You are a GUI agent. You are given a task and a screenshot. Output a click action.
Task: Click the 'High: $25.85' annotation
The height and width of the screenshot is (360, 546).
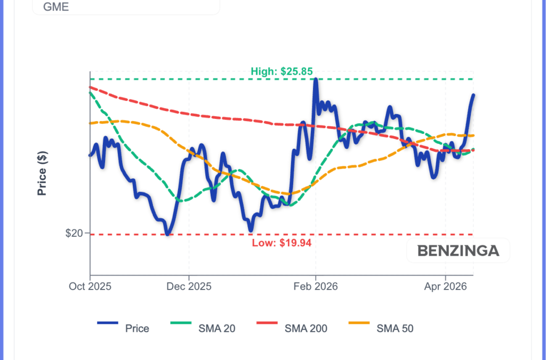pyautogui.click(x=282, y=71)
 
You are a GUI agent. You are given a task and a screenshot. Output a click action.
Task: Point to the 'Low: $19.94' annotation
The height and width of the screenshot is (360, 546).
pyautogui.click(x=281, y=243)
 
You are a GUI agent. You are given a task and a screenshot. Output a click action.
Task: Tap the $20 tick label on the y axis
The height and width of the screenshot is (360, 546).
pyautogui.click(x=74, y=234)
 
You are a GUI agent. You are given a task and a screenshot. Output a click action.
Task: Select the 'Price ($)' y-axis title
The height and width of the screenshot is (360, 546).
pyautogui.click(x=42, y=173)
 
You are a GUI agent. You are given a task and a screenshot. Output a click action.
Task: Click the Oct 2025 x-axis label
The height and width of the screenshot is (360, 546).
pyautogui.click(x=90, y=286)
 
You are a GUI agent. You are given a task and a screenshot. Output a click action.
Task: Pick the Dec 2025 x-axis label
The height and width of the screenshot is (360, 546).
pyautogui.click(x=189, y=286)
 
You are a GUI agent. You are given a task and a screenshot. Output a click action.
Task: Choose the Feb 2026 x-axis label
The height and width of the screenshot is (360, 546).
pyautogui.click(x=316, y=286)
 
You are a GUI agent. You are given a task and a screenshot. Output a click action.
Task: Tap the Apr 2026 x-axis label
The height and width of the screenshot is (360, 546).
pyautogui.click(x=445, y=286)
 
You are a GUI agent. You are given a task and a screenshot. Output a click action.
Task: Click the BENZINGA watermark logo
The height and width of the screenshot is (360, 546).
pyautogui.click(x=458, y=251)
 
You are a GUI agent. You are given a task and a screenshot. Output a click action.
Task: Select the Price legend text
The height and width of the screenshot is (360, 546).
pyautogui.click(x=137, y=329)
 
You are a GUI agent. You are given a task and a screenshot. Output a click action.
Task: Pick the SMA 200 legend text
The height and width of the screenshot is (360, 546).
pyautogui.click(x=306, y=329)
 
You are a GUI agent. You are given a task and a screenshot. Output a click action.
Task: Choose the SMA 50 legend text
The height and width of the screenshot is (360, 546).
pyautogui.click(x=395, y=329)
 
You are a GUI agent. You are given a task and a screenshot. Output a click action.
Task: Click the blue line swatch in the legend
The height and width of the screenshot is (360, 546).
pyautogui.click(x=108, y=324)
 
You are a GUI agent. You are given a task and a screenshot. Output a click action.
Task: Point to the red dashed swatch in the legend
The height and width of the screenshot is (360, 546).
pyautogui.click(x=269, y=324)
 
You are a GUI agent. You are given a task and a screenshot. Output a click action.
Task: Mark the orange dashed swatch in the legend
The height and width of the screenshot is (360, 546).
pyautogui.click(x=359, y=324)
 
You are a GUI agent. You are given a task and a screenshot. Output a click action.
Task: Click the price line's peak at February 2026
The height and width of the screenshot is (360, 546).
pyautogui.click(x=316, y=79)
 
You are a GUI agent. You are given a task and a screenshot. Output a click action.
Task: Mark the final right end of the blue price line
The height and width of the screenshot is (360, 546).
pyautogui.click(x=473, y=95)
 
